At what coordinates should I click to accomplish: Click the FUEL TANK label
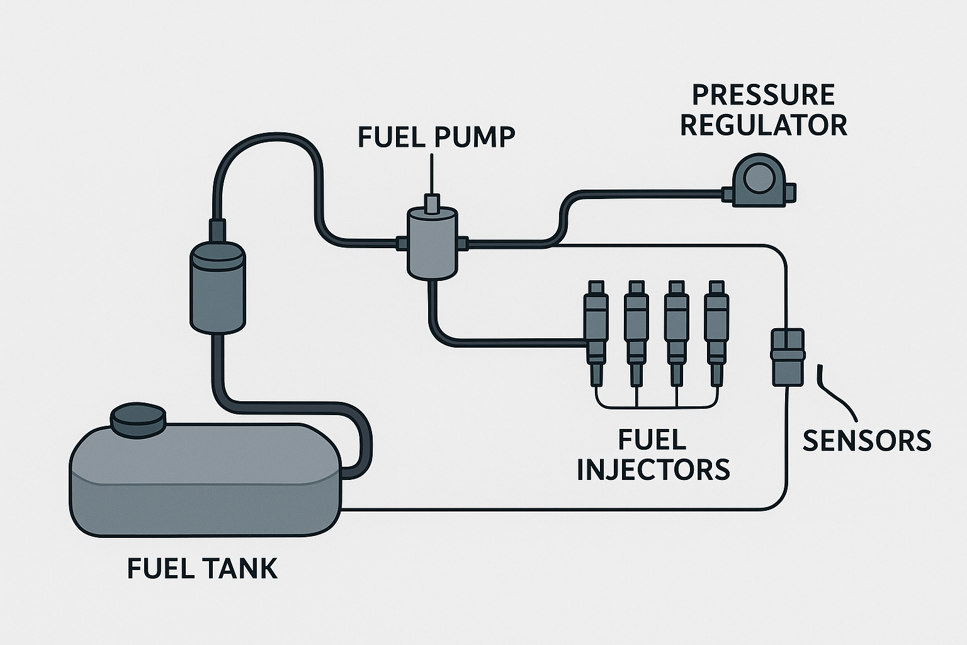point(202,568)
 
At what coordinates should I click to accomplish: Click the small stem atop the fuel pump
point(432,204)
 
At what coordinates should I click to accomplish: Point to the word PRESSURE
point(763,95)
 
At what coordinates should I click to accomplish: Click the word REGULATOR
point(763,125)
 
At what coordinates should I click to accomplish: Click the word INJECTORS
point(653,469)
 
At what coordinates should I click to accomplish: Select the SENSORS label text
point(866,441)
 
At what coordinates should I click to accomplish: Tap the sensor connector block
point(788,356)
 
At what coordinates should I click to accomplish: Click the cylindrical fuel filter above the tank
point(218,287)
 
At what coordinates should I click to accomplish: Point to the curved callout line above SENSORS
point(835,394)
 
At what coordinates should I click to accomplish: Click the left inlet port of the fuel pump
point(401,242)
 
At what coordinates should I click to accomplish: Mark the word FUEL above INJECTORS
point(652,439)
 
